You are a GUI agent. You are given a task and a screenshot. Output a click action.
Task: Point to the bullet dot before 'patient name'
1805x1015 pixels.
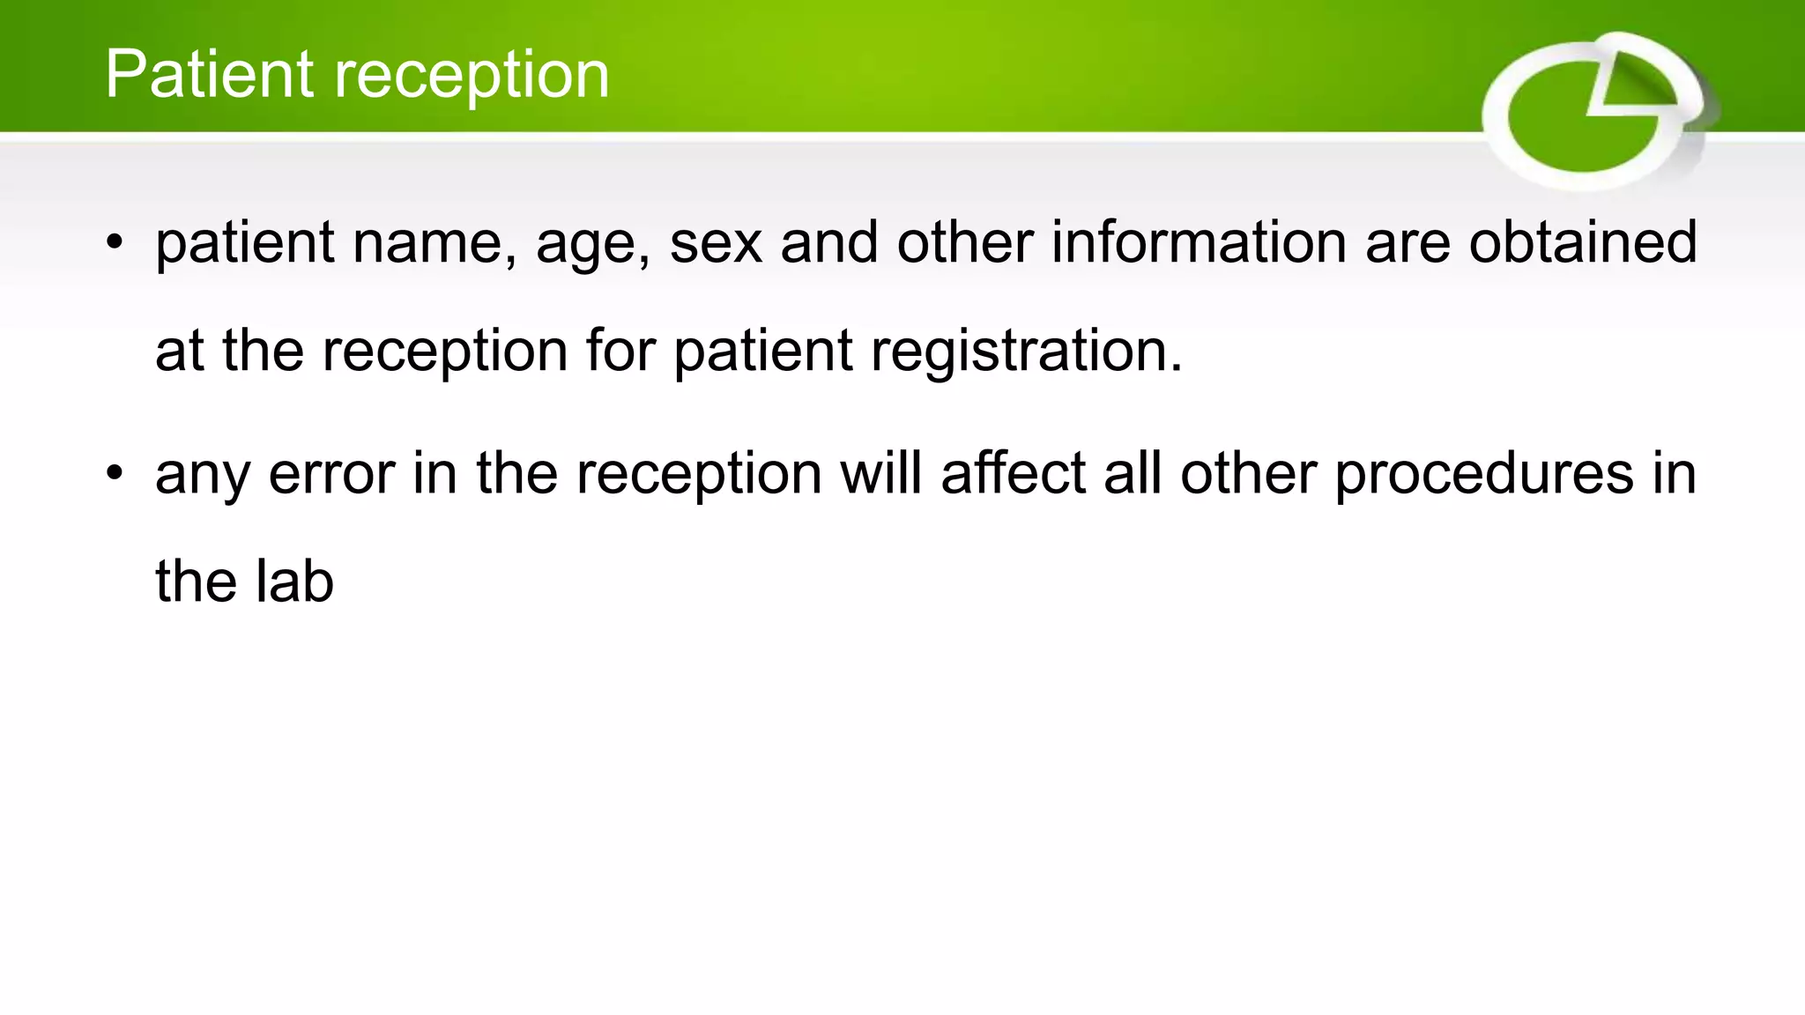tap(115, 242)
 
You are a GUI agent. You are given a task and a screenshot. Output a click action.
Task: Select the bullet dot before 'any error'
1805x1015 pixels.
tap(115, 474)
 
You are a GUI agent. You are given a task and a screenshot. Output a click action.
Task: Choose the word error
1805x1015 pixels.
tap(331, 474)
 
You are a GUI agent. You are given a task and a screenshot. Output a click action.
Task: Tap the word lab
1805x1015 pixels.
tap(294, 582)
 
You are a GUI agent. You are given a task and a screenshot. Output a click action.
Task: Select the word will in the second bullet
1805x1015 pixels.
tap(880, 473)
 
